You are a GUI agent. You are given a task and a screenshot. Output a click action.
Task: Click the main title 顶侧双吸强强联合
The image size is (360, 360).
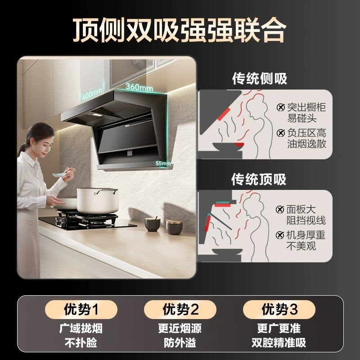tap(180, 29)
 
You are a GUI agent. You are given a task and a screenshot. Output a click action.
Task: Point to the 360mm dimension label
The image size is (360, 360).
tap(139, 86)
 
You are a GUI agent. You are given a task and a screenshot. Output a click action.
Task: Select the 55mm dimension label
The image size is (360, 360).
tap(163, 163)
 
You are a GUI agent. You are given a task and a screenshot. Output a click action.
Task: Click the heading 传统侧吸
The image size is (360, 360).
tap(259, 79)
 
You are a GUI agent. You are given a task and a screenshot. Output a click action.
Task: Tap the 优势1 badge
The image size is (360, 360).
tap(81, 310)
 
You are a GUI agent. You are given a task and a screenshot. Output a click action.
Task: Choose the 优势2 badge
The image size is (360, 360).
tap(180, 310)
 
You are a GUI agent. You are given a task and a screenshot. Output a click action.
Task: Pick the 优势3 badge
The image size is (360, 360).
tap(279, 310)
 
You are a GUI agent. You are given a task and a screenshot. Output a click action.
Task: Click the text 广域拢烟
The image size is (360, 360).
tap(81, 328)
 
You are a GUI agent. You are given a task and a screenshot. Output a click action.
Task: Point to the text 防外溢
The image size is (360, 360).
tap(180, 343)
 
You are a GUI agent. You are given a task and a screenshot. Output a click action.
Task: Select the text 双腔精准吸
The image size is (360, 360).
tap(279, 343)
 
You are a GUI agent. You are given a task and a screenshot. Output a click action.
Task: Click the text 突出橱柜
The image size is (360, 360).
tap(307, 108)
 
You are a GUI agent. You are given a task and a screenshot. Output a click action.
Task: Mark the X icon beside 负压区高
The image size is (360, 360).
tap(281, 133)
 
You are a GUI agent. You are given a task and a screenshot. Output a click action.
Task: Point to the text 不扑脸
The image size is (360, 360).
tap(81, 343)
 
